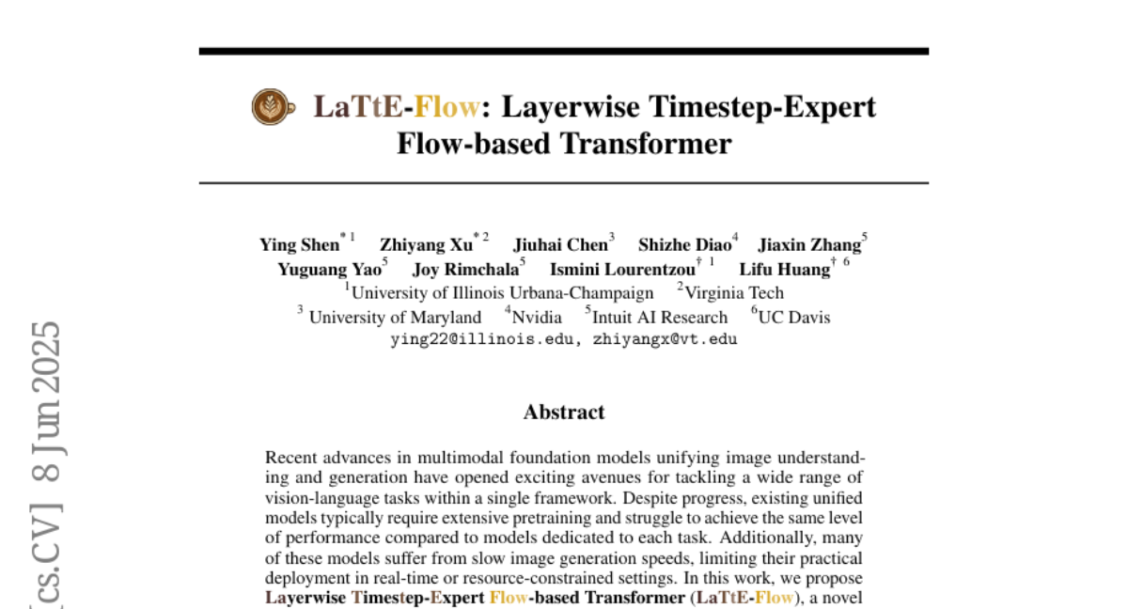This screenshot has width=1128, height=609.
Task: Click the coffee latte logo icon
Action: coord(270,106)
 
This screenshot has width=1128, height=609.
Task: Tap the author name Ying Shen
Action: coord(299,245)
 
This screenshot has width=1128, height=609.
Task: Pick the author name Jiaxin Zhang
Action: coord(809,245)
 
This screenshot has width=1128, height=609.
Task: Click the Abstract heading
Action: coord(564,412)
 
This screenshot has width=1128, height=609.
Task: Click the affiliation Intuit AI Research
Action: coord(659,318)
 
